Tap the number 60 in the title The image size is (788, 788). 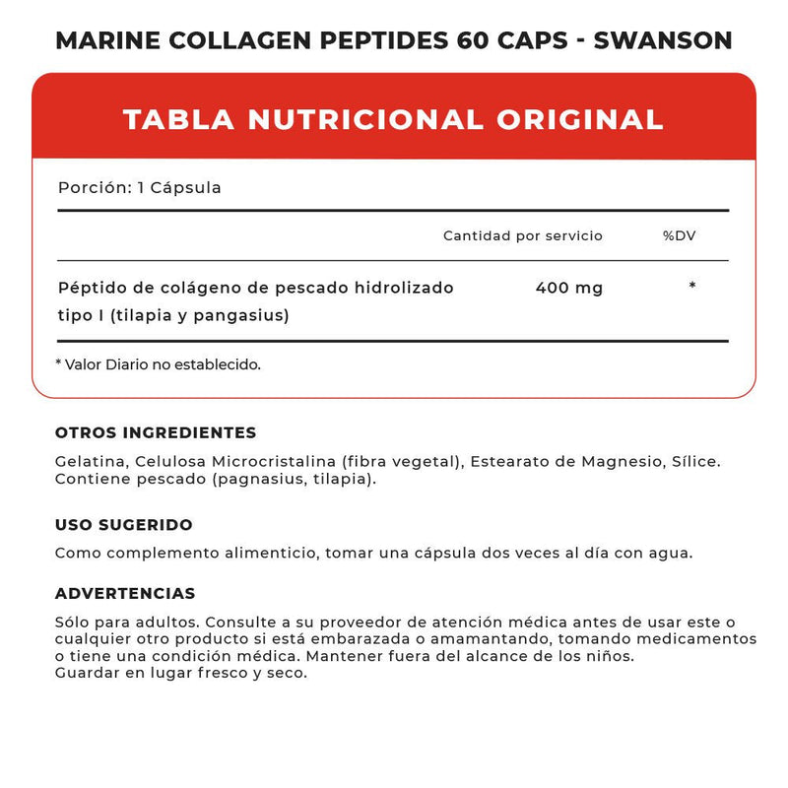coord(472,40)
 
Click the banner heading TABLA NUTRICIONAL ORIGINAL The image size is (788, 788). coord(393,119)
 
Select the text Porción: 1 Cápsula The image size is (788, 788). coord(139,187)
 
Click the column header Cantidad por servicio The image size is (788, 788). coord(522,236)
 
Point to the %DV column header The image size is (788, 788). coord(680,236)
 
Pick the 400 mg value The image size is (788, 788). coord(569,289)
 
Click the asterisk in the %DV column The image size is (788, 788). coord(692,287)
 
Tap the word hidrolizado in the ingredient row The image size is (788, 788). coord(402,289)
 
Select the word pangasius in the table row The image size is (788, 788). coord(246,316)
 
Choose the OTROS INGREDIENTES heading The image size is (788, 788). coord(156,432)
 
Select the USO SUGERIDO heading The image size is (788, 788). coord(124,525)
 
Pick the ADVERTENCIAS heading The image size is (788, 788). coord(125,594)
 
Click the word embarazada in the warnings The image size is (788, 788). coord(343,639)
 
